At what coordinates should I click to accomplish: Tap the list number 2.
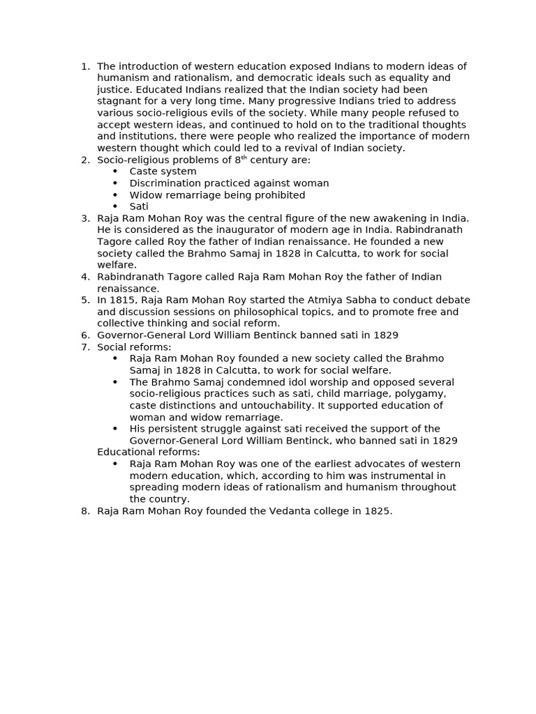[85, 160]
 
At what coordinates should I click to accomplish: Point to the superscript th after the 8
[244, 158]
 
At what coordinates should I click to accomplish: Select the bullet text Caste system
[163, 172]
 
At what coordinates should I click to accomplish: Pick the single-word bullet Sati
[139, 206]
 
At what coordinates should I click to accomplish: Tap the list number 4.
[85, 277]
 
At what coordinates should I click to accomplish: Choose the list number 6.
[85, 335]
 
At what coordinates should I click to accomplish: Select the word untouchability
[271, 406]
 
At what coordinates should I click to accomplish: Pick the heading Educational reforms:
[148, 453]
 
